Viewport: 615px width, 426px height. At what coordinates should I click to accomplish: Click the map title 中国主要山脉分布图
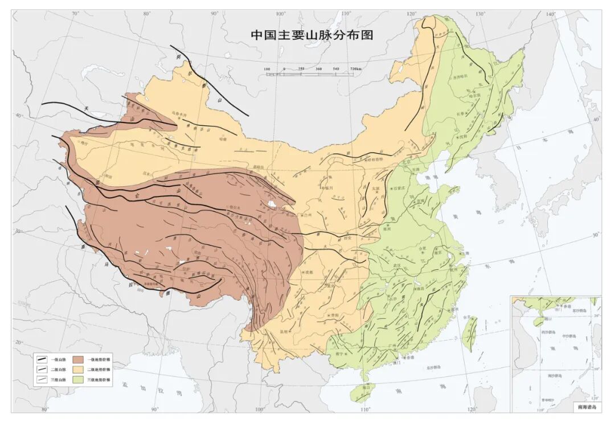pyautogui.click(x=312, y=35)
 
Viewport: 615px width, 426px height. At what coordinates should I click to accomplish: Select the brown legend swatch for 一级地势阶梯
pyautogui.click(x=79, y=359)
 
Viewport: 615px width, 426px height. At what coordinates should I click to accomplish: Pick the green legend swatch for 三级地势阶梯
pyautogui.click(x=79, y=379)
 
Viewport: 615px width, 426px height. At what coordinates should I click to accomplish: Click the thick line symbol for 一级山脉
pyautogui.click(x=42, y=359)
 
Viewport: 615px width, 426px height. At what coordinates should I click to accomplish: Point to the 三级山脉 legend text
pyautogui.click(x=60, y=379)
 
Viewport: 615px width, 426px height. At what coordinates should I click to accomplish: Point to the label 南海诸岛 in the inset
pyautogui.click(x=587, y=407)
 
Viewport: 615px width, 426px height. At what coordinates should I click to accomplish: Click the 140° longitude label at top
pyautogui.click(x=550, y=14)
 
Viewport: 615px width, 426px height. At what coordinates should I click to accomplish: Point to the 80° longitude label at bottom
pyautogui.click(x=46, y=409)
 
